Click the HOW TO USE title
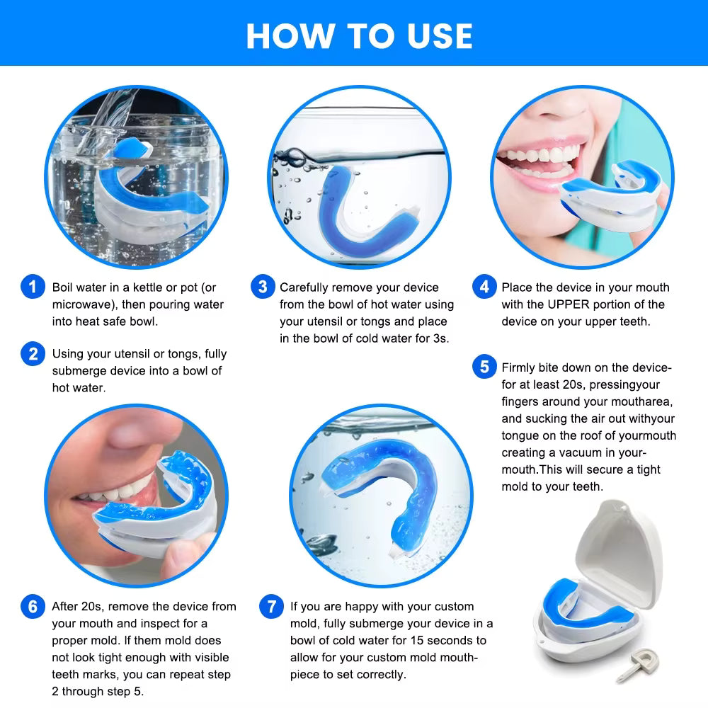click(x=359, y=35)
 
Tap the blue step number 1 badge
click(x=33, y=288)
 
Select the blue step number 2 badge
click(x=33, y=353)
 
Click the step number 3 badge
click(x=263, y=287)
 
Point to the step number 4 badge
click(x=484, y=287)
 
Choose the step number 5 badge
click(x=484, y=367)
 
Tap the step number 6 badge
click(x=33, y=607)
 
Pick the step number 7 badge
click(x=271, y=607)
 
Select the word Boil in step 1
click(x=64, y=287)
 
